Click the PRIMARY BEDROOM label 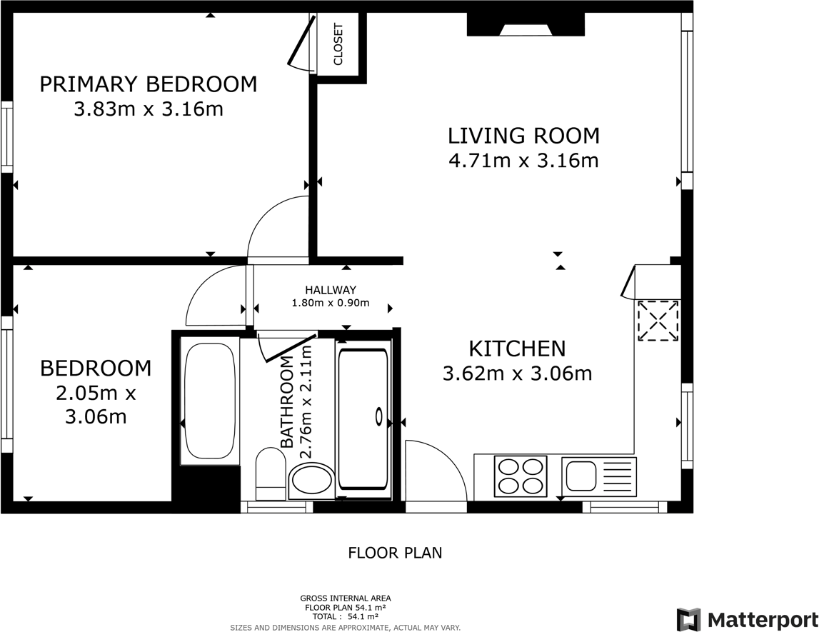(x=148, y=84)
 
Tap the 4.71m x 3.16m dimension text (x=523, y=160)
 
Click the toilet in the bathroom (x=270, y=473)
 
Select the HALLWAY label (x=330, y=290)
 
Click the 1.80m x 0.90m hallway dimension (x=330, y=303)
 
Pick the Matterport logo (x=747, y=618)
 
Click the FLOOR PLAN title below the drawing (x=395, y=552)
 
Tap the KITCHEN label (x=517, y=348)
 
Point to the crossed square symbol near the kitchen (x=658, y=321)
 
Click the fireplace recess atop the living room (x=526, y=25)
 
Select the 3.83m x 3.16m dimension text (x=148, y=109)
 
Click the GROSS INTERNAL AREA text (x=345, y=598)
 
